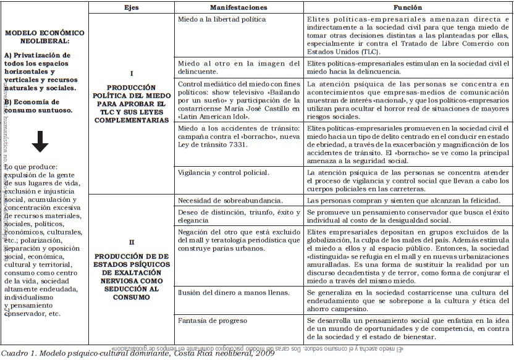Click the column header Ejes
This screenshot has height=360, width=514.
tap(132, 7)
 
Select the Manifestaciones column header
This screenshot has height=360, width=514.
tap(238, 7)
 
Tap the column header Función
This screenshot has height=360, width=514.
tap(408, 7)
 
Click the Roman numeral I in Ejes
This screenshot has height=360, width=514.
tap(132, 73)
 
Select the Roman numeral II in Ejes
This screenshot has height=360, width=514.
tap(131, 243)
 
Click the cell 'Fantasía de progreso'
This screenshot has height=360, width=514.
tap(212, 321)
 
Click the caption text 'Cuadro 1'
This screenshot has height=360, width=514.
tap(18, 354)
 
